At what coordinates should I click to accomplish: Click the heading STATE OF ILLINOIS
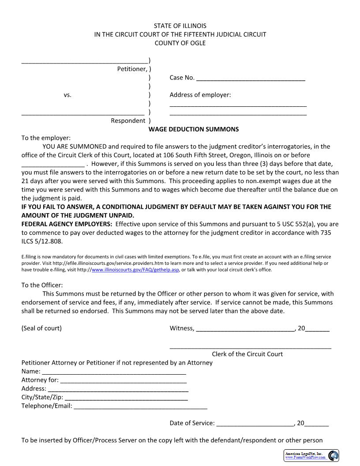(x=180, y=26)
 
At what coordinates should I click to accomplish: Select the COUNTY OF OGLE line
(x=180, y=43)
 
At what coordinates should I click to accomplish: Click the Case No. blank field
(x=250, y=79)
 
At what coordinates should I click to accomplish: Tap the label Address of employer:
(x=200, y=95)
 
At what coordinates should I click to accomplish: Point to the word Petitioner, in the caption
(x=132, y=69)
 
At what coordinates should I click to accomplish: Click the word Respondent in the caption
(x=128, y=120)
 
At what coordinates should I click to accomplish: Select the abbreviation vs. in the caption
(x=67, y=95)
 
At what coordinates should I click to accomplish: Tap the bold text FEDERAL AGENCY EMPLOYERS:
(x=67, y=224)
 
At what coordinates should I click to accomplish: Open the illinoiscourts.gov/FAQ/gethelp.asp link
(x=135, y=270)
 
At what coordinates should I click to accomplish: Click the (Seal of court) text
(x=41, y=328)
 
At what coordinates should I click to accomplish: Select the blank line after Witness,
(x=245, y=329)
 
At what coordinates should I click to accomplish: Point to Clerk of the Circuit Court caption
(x=247, y=354)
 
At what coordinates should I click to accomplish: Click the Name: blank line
(x=114, y=372)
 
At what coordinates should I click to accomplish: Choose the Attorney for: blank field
(x=123, y=380)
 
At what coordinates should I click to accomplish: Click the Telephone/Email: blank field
(x=140, y=406)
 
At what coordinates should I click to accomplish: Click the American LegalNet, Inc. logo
(x=311, y=455)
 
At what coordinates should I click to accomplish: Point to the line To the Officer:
(x=42, y=285)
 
